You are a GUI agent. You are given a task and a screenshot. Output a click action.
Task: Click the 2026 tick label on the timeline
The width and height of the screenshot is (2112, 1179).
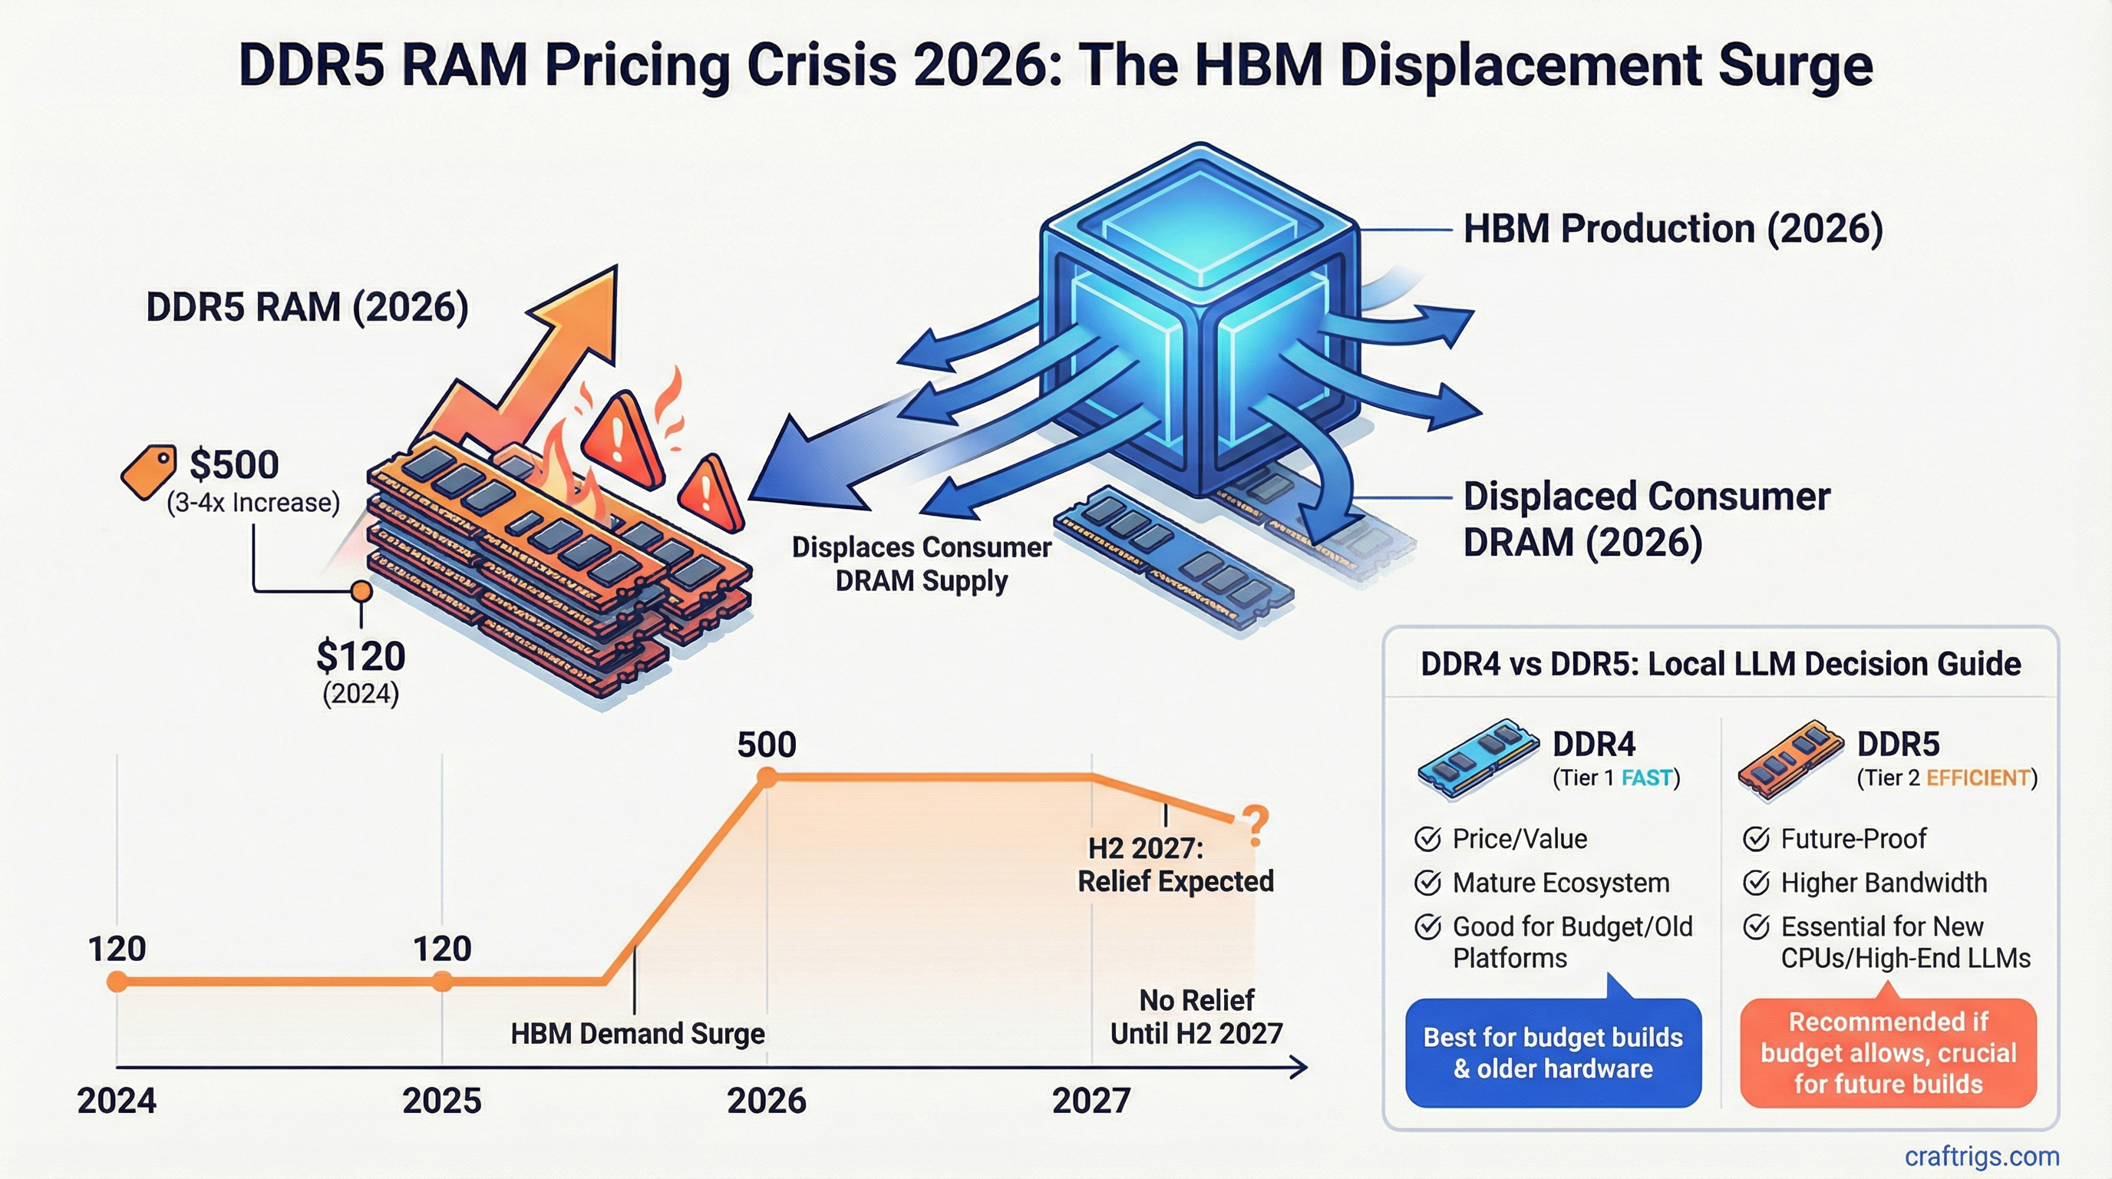click(766, 1100)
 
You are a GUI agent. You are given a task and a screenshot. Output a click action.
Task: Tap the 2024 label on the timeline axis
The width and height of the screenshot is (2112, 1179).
click(117, 1100)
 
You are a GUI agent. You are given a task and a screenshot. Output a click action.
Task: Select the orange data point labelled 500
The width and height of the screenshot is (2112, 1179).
click(767, 778)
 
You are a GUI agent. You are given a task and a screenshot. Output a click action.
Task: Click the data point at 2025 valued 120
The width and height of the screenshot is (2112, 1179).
click(442, 981)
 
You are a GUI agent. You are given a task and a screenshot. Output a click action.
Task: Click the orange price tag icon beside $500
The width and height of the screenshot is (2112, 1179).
click(148, 471)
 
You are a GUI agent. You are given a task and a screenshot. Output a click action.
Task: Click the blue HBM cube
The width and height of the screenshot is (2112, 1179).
click(1200, 320)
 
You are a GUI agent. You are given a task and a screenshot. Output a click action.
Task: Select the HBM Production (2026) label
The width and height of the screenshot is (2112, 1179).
click(1672, 229)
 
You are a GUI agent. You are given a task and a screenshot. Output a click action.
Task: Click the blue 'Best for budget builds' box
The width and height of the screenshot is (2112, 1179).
click(1553, 1053)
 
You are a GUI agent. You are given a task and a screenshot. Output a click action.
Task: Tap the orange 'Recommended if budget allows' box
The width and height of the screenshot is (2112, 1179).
click(1887, 1053)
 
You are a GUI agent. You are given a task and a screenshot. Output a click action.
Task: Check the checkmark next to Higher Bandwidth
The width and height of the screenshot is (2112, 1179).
click(1755, 883)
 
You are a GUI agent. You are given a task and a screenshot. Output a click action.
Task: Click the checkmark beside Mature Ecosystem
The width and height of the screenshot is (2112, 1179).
click(1427, 883)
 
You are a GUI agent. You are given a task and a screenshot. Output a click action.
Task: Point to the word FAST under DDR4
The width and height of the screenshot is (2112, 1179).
click(1646, 778)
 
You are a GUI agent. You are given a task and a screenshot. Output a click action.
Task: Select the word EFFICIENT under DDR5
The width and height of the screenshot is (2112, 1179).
click(1978, 778)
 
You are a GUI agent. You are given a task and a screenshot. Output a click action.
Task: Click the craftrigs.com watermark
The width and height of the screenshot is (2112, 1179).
click(1981, 1156)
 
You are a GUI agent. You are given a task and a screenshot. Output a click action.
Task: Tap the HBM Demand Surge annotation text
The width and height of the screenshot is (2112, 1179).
click(637, 1033)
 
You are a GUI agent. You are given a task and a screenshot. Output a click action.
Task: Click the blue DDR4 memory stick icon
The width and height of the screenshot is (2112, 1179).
click(1478, 756)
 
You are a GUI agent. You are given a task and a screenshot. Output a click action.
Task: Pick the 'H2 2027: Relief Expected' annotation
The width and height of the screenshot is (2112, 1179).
click(1174, 865)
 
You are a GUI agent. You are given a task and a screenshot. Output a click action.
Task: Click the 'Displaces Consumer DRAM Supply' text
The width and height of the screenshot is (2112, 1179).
click(921, 564)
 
